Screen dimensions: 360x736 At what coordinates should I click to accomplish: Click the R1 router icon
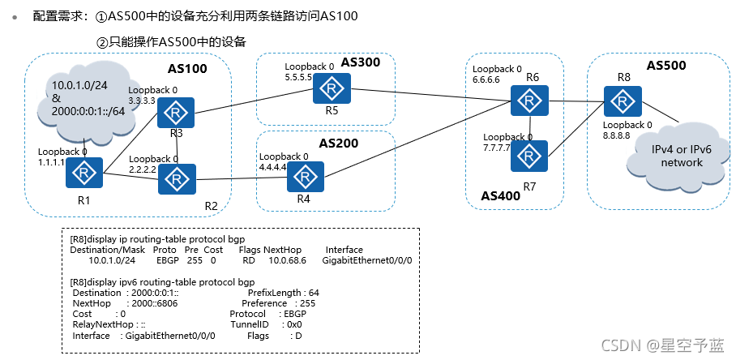point(83,173)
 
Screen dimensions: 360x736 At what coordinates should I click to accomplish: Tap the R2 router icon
point(174,178)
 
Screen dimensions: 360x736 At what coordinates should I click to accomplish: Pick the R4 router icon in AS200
point(305,177)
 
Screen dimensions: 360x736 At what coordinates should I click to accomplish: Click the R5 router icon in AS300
point(330,88)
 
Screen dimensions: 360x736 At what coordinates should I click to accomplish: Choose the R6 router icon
point(530,101)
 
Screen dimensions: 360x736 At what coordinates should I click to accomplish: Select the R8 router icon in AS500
point(622,100)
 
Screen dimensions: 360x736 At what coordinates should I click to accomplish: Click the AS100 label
point(187,69)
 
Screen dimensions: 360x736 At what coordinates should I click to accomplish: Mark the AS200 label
point(339,143)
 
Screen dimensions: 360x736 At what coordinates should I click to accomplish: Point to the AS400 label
point(501,196)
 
